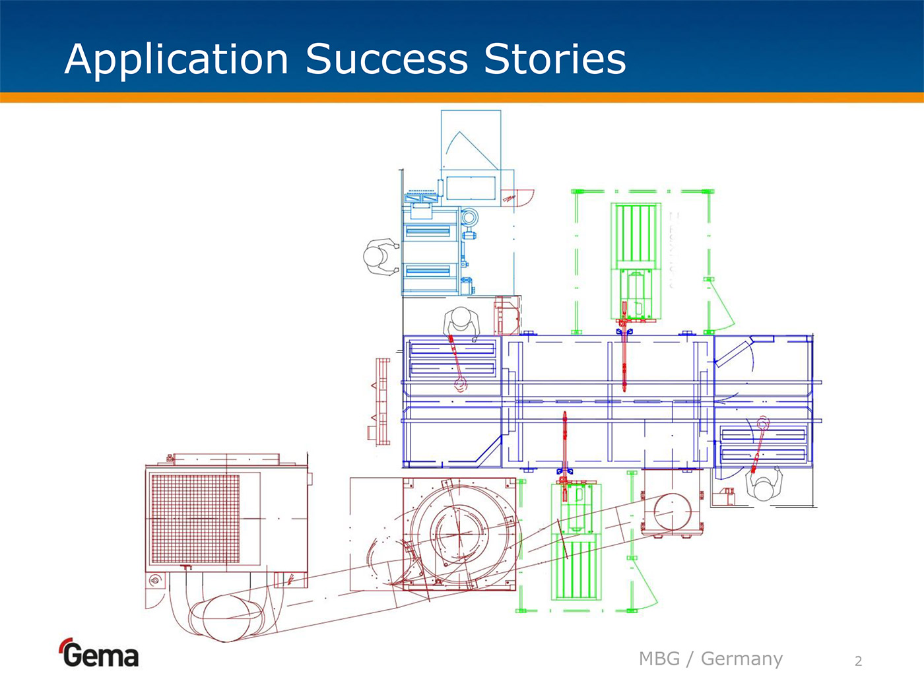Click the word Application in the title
click(176, 59)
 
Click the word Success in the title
click(387, 59)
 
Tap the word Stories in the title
click(554, 59)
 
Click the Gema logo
click(100, 653)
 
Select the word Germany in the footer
click(741, 659)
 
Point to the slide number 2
click(858, 661)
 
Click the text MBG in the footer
click(659, 659)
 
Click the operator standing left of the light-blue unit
click(379, 256)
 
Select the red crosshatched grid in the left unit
click(195, 519)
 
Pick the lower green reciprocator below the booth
click(576, 541)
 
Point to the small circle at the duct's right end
click(673, 511)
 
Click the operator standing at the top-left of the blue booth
click(462, 322)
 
